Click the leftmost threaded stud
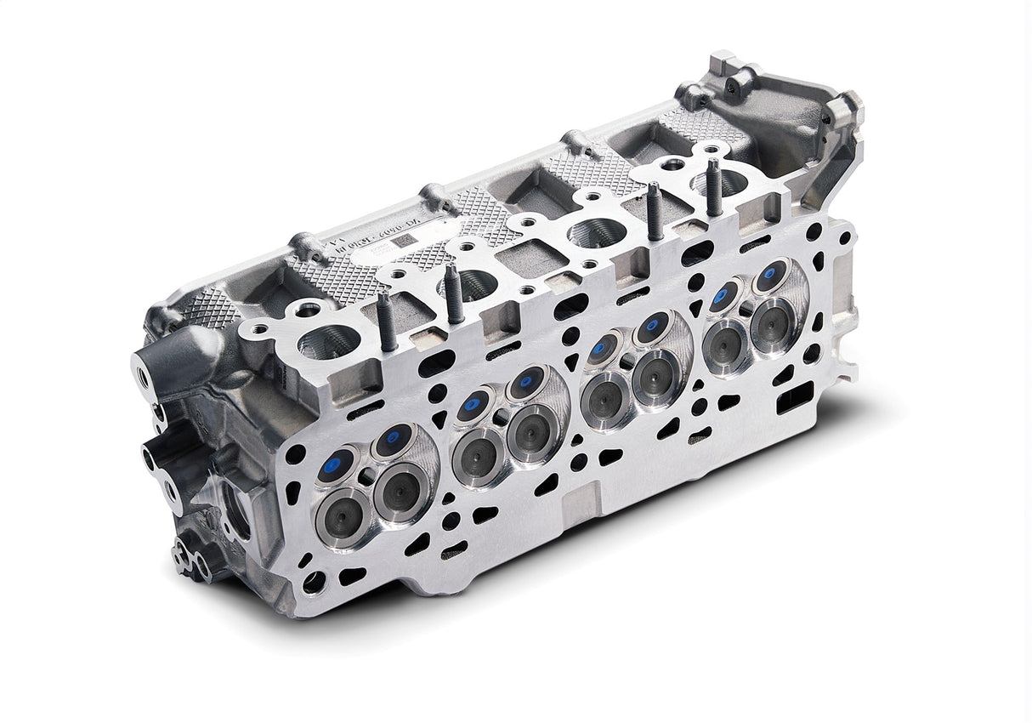click(385, 321)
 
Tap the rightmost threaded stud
click(712, 186)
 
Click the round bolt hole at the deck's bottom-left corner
click(313, 583)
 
